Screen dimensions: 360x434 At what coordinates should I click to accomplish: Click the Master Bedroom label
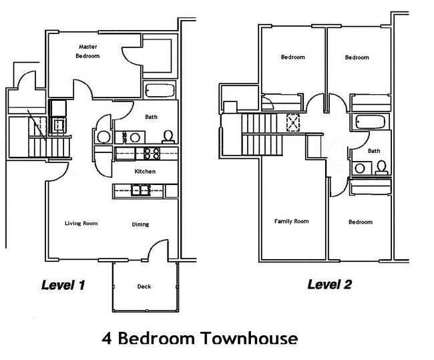[x=89, y=51]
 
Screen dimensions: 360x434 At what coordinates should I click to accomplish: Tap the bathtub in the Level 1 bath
[x=160, y=90]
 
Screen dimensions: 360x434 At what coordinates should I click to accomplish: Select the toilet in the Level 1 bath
[x=168, y=136]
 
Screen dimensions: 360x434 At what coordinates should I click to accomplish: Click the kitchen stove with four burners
[x=151, y=154]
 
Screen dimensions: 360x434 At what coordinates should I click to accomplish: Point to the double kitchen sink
[x=140, y=192]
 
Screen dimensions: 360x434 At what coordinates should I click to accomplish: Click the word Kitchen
[x=145, y=172]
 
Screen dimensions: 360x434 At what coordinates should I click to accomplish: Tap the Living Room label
[x=81, y=223]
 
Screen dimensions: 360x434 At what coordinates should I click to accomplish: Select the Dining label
[x=140, y=224]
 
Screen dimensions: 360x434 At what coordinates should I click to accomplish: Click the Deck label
[x=144, y=287]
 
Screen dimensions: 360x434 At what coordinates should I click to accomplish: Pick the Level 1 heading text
[x=63, y=285]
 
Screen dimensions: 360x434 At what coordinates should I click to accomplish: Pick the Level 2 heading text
[x=329, y=285]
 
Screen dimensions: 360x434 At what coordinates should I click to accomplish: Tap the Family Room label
[x=291, y=221]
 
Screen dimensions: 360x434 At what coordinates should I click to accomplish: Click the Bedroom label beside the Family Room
[x=360, y=222]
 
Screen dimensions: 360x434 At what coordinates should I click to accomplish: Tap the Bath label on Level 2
[x=374, y=151]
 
